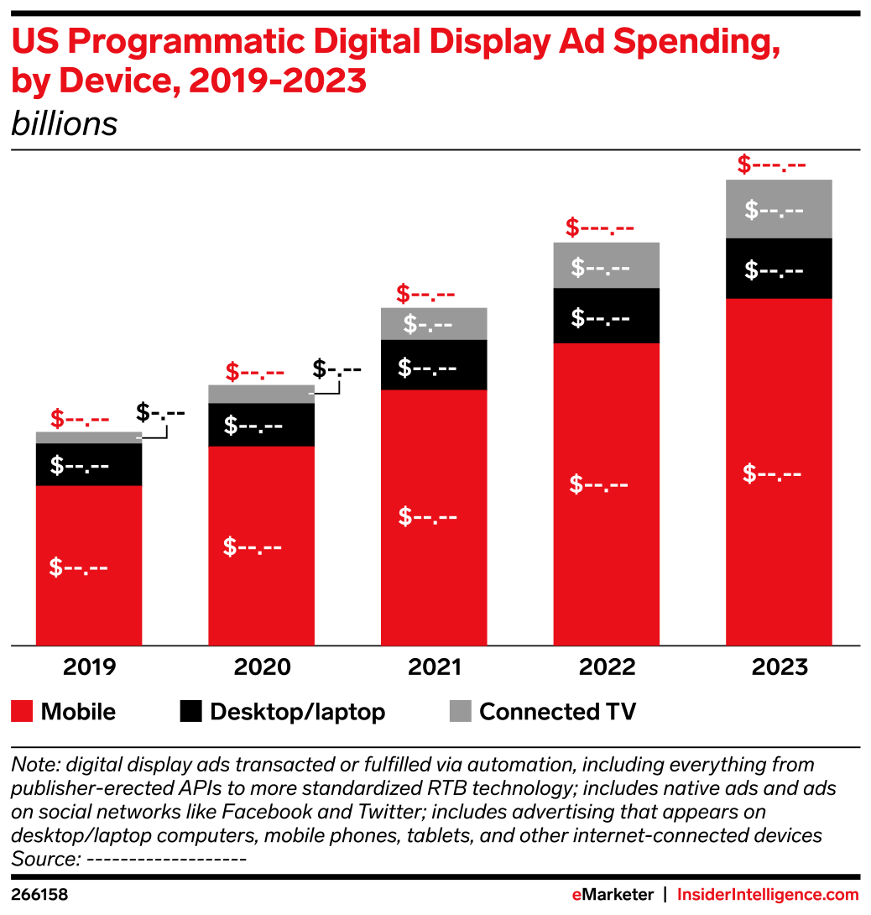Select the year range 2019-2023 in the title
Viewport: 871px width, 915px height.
277,81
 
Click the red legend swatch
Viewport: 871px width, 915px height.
22,710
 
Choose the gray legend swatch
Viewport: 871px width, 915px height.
460,710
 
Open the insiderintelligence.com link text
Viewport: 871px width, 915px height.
767,895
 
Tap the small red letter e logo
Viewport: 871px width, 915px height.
576,895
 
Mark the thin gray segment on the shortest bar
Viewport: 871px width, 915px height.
88,437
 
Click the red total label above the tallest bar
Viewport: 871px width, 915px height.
771,165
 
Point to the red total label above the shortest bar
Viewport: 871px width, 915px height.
80,418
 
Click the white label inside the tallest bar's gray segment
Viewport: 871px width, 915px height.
774,210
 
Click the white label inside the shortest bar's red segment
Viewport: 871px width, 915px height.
78,567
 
